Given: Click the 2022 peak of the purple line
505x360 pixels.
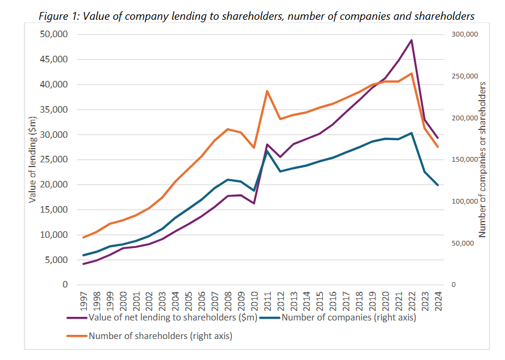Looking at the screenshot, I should [412, 40].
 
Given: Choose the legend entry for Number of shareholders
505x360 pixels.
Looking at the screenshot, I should [160, 336].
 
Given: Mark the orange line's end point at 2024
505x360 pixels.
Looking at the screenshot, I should [438, 147].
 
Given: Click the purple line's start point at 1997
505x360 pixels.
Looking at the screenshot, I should [84, 264].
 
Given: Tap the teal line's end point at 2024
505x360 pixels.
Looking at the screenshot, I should [438, 185].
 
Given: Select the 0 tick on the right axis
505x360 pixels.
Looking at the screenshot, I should [453, 285].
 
